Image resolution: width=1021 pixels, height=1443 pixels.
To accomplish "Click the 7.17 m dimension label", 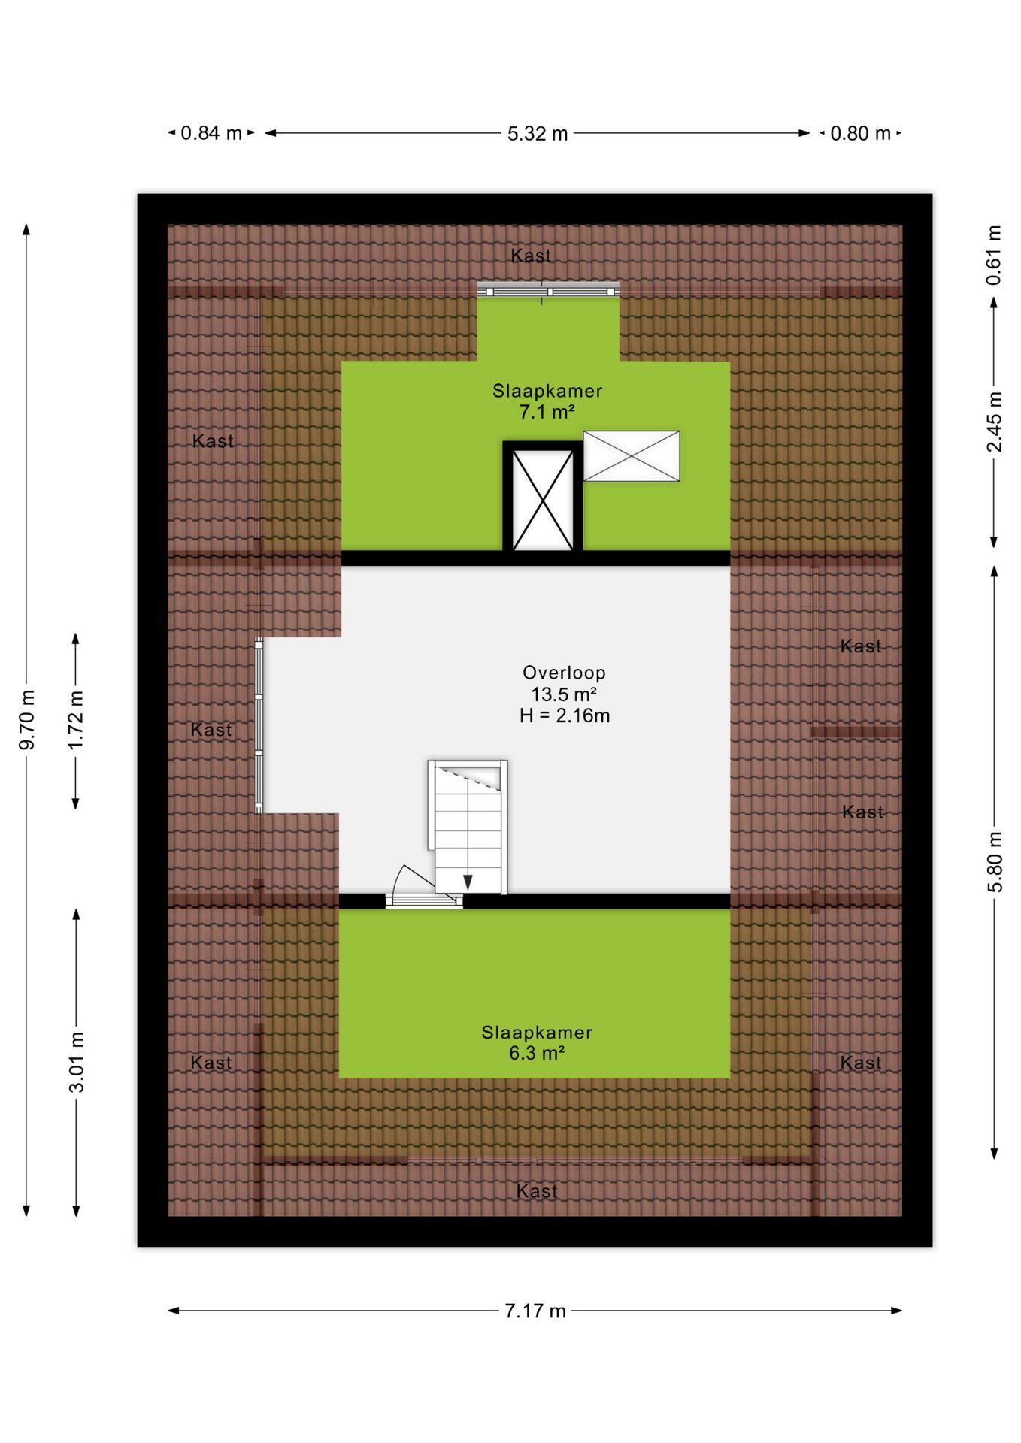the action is coord(535,1311).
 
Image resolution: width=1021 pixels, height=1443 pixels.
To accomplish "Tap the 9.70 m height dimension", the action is coord(27,719).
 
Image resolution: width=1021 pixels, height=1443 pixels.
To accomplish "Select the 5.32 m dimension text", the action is coord(538,133).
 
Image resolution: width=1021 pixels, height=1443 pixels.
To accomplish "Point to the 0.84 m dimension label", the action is coord(211,133).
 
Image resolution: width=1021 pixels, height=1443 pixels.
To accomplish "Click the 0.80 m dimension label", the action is coord(861,133).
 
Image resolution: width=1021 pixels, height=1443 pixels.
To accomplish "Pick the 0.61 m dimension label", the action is coord(994,255).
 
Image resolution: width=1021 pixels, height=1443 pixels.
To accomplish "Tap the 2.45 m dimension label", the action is coord(994,422).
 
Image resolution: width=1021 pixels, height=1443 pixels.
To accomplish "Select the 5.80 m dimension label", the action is coord(994,862).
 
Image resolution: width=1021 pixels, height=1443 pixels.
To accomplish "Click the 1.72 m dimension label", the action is coord(76,720).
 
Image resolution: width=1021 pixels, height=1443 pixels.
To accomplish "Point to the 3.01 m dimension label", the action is coord(76,1062).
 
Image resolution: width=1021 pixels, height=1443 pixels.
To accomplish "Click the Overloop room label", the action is coord(564,673).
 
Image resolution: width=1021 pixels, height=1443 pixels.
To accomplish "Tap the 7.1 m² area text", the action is coord(547,412).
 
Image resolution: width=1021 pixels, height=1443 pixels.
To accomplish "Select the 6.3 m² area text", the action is coord(537,1053).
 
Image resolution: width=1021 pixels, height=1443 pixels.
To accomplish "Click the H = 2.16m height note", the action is coord(565,715).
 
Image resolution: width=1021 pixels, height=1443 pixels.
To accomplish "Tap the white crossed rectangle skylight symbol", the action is coord(632,455).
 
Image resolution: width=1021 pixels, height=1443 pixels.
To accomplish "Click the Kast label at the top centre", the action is coord(531,256).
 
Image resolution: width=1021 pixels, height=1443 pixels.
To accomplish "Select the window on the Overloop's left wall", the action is coord(259,725).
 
